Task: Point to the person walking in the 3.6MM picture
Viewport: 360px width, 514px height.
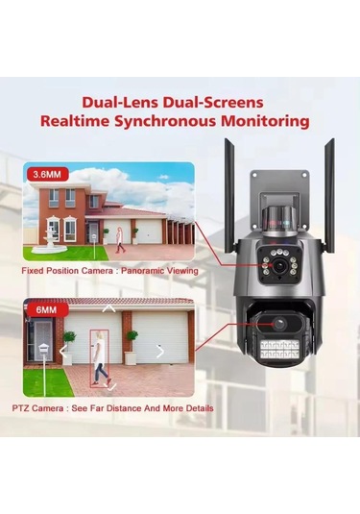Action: point(119,240)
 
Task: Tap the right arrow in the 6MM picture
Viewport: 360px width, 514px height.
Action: point(159,352)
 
